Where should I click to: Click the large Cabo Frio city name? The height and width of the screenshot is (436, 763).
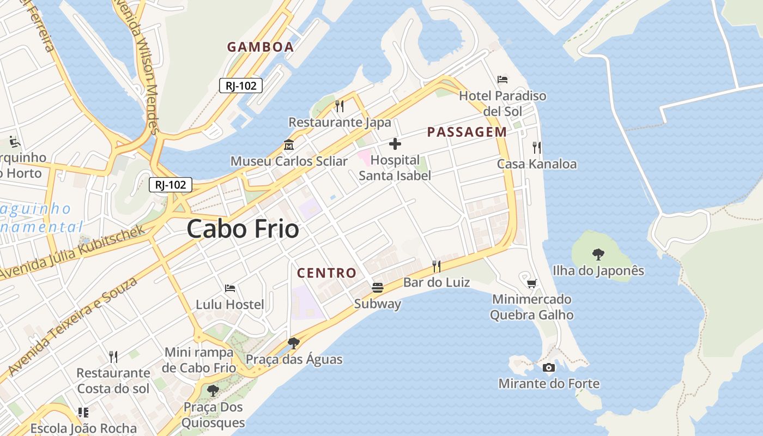click(243, 229)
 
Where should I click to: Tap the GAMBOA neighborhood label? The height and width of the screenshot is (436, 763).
click(261, 47)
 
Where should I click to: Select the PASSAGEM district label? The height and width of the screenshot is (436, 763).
click(467, 132)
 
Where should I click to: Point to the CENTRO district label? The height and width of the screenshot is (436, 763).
click(326, 273)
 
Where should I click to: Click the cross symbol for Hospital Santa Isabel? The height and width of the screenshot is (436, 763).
click(395, 144)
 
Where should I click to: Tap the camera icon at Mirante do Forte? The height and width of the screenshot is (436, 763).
click(549, 367)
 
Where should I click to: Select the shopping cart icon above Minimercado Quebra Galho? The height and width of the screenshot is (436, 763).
click(532, 283)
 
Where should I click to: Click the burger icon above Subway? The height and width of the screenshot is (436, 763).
click(378, 287)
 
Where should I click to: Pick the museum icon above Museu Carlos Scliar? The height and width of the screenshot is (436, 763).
click(289, 145)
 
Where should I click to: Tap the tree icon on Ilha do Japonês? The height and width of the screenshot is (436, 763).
click(598, 254)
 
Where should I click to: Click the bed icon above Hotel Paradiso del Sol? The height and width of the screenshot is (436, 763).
click(502, 80)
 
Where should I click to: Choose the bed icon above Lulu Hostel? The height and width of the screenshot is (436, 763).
click(230, 288)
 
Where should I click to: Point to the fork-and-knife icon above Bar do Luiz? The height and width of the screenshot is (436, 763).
click(437, 266)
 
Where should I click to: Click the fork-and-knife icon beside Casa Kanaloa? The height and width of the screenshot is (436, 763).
click(537, 147)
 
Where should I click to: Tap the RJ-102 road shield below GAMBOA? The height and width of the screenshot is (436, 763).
click(241, 86)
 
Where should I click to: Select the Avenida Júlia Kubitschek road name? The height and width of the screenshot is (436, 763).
click(74, 252)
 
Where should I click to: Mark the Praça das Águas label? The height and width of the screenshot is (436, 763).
click(294, 359)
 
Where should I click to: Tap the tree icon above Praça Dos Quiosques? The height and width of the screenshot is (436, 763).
click(213, 391)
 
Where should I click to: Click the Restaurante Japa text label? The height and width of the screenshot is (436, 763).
click(340, 122)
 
